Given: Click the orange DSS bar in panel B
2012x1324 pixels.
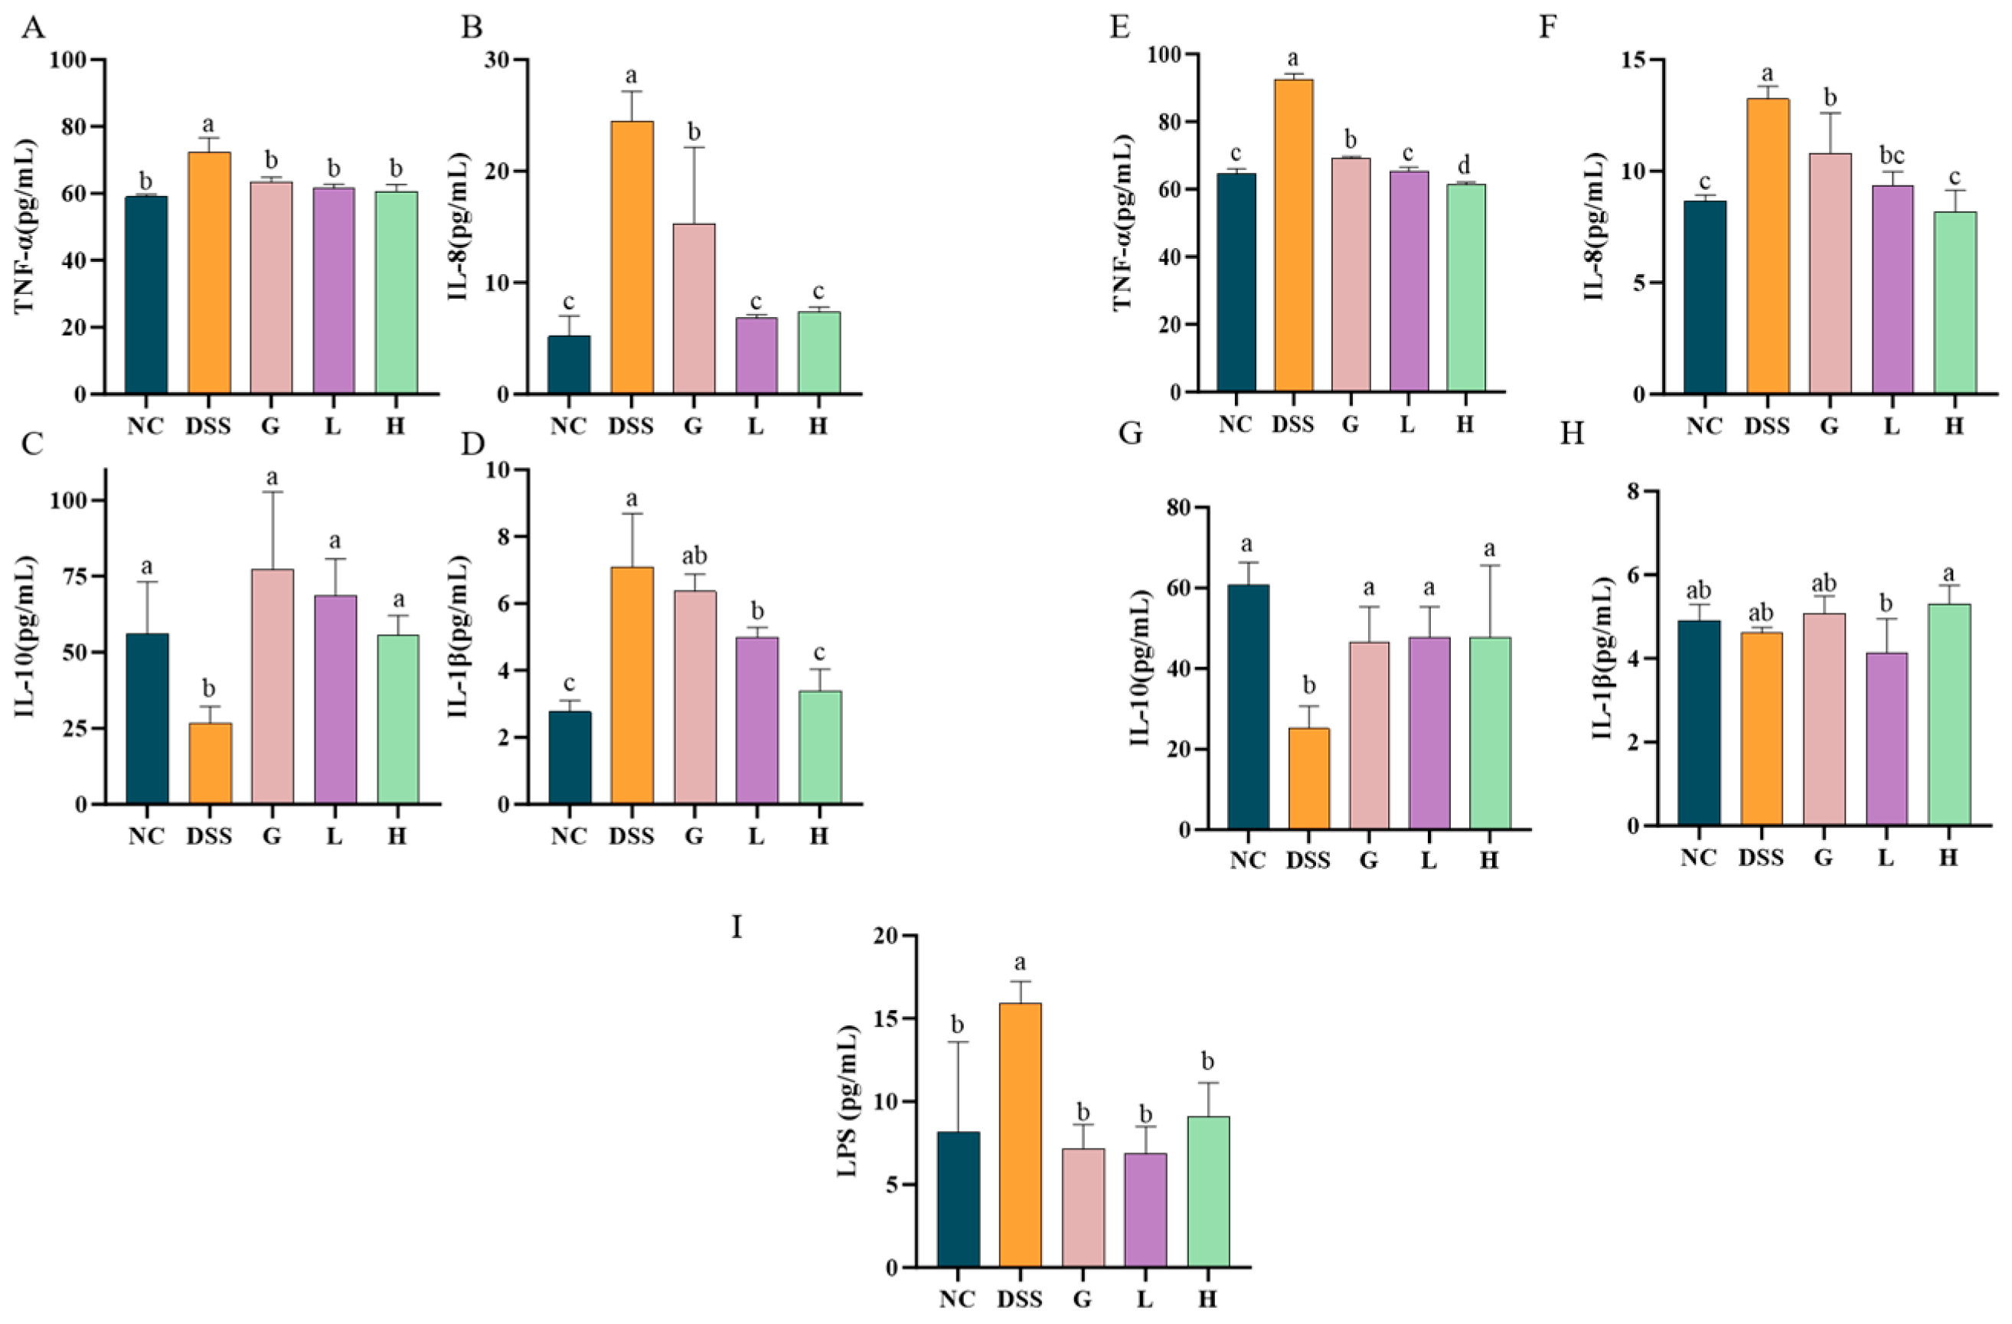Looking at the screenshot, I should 632,258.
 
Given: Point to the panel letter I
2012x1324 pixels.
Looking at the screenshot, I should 737,927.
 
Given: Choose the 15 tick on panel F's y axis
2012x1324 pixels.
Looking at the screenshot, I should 1641,60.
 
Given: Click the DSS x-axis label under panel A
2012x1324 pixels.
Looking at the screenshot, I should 208,426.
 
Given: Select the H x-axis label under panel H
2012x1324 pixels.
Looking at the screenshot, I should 1948,858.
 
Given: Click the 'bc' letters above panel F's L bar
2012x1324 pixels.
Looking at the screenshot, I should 1892,155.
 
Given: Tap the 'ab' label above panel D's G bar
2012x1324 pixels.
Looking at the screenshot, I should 694,555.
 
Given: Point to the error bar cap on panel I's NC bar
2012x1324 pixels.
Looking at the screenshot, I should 958,1041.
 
